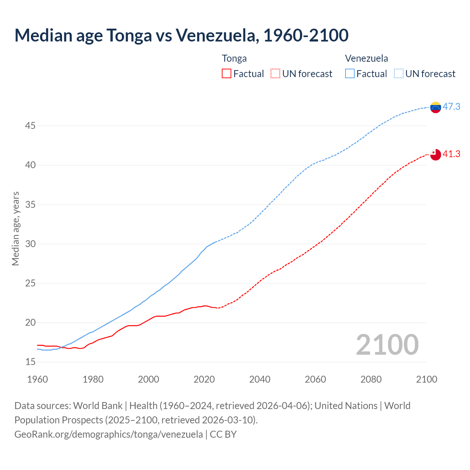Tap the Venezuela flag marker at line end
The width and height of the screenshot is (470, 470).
point(435,107)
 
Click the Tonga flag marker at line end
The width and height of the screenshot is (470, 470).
point(435,155)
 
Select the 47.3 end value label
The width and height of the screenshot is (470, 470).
point(451,107)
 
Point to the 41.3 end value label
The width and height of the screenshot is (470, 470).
point(451,154)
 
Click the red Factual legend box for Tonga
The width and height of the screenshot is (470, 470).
point(227,74)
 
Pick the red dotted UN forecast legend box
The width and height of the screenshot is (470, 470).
point(275,74)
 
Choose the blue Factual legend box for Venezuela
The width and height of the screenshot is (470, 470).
point(350,74)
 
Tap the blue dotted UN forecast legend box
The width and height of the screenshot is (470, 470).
point(399,74)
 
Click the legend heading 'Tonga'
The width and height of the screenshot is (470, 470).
point(234,58)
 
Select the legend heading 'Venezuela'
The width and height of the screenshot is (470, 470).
point(366,58)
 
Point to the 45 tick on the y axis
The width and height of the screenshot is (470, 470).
point(30,126)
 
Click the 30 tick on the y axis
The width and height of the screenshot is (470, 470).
point(30,244)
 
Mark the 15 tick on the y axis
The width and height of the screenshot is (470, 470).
point(30,362)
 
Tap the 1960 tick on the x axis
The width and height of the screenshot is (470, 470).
point(37,379)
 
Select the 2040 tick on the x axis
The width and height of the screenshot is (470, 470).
point(260,379)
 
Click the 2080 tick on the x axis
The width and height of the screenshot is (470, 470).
point(371,379)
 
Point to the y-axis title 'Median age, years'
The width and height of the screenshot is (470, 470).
point(15,228)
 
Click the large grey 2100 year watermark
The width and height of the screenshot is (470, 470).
point(387,345)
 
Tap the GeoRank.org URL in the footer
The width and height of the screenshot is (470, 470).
point(108,434)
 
